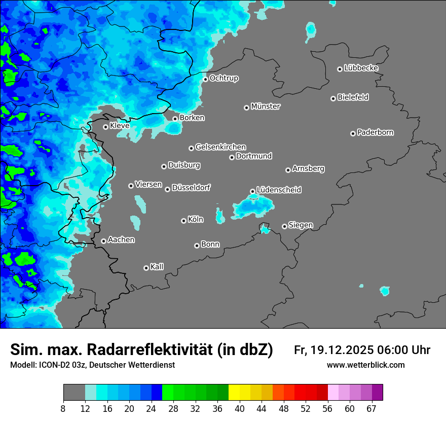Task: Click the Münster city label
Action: pyautogui.click(x=266, y=107)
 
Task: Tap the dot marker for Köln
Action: pyautogui.click(x=183, y=221)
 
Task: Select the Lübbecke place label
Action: pyautogui.click(x=361, y=68)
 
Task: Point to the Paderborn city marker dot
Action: pyautogui.click(x=353, y=133)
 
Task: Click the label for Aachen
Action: pyautogui.click(x=121, y=240)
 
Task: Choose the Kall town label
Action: pyautogui.click(x=157, y=267)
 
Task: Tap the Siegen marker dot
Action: pyautogui.click(x=284, y=226)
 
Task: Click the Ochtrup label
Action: pyautogui.click(x=224, y=78)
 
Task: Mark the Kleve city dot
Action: pyautogui.click(x=105, y=127)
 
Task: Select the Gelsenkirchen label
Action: pyautogui.click(x=220, y=147)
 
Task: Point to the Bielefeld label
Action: pyautogui.click(x=353, y=97)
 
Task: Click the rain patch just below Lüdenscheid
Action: pyautogui.click(x=252, y=205)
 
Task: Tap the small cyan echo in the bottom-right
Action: pyautogui.click(x=385, y=291)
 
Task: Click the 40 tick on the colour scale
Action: pyautogui.click(x=240, y=408)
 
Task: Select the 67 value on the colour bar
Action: pyautogui.click(x=371, y=408)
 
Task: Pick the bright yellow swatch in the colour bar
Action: pyautogui.click(x=234, y=393)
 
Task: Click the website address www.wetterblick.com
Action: pyautogui.click(x=365, y=365)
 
